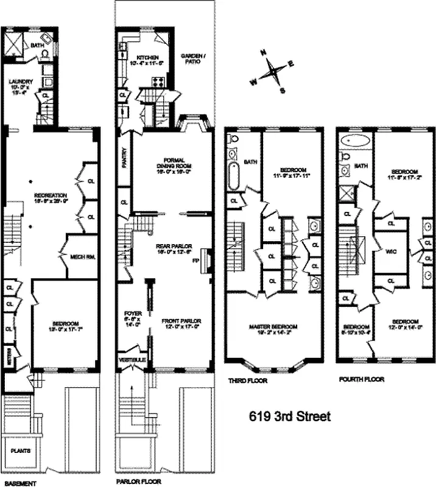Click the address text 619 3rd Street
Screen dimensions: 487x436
290,417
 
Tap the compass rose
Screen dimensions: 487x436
272,74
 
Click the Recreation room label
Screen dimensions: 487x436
50,198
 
